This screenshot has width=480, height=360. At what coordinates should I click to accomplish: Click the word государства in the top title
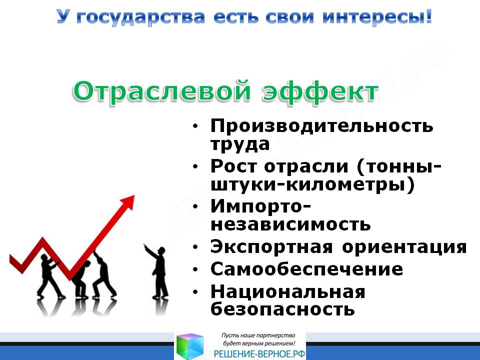point(140,17)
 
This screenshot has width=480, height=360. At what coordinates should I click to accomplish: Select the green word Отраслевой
point(162,91)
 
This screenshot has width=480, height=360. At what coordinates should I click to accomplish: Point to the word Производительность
point(321,125)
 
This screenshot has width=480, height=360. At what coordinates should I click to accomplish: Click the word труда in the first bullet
point(240,144)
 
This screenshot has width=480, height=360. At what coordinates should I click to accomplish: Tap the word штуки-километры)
point(312,185)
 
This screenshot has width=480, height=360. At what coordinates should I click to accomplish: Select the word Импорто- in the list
point(260,207)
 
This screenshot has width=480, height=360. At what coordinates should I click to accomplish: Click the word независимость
point(290,224)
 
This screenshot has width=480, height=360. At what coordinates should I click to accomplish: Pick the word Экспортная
point(271,246)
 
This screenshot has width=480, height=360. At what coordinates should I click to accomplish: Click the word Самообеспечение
point(306,269)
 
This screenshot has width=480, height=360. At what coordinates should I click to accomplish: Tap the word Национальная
point(288,291)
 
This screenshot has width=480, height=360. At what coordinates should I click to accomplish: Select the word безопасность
point(282,309)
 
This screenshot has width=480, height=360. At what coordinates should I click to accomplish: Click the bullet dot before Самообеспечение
point(195,269)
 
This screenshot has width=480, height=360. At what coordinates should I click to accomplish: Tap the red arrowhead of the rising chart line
point(128,202)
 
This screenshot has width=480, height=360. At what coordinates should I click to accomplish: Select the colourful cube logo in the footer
point(190,346)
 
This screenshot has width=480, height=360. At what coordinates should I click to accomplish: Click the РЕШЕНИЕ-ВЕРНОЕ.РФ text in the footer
point(259,354)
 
